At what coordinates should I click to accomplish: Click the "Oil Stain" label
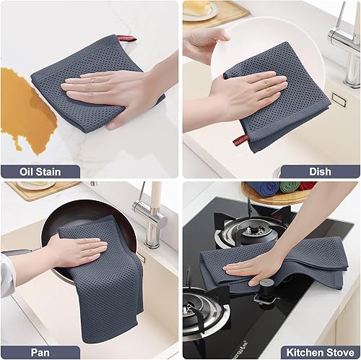tap(40, 172)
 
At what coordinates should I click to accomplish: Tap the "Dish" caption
tap(319, 172)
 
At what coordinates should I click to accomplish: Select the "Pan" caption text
tap(40, 350)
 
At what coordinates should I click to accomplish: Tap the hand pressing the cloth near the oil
tap(101, 90)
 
